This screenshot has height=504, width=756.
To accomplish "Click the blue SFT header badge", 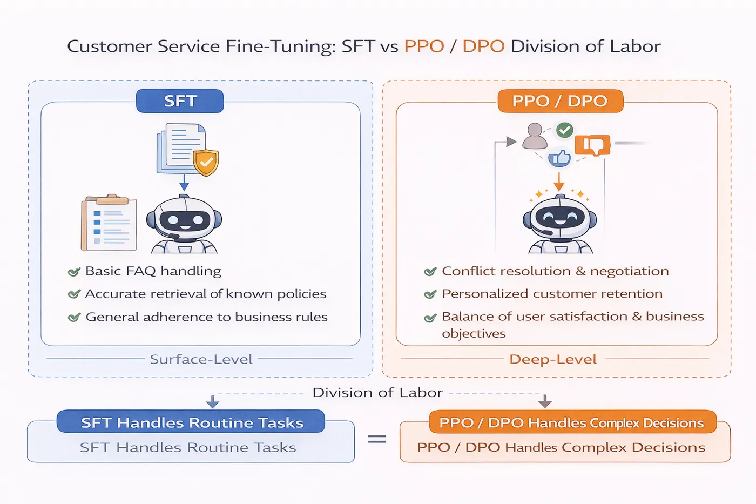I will (x=180, y=101).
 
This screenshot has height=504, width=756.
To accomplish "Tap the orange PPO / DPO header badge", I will (x=560, y=101).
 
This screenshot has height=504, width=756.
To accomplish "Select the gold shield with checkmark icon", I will (x=206, y=162).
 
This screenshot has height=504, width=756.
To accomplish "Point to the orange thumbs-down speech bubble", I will (x=592, y=145).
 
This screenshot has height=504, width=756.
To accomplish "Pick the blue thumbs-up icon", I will (x=559, y=158).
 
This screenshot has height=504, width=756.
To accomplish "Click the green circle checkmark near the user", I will (x=564, y=130).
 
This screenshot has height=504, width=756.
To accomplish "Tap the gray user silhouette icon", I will (x=535, y=136).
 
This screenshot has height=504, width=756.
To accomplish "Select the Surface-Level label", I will (x=201, y=359).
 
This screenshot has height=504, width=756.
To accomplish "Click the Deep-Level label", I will (x=553, y=359).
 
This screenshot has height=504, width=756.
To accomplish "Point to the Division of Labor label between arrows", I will (x=377, y=393).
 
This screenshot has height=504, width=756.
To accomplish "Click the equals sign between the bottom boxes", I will (x=377, y=439).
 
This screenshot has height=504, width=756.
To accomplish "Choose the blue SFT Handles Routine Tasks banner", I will (x=191, y=422).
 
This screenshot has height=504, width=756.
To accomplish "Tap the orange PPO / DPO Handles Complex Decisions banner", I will (x=571, y=422).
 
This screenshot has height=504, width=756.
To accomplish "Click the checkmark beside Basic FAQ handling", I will (x=74, y=271).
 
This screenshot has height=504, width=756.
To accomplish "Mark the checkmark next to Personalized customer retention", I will (x=430, y=294).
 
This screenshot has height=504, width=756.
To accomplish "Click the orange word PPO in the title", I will (x=424, y=46).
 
